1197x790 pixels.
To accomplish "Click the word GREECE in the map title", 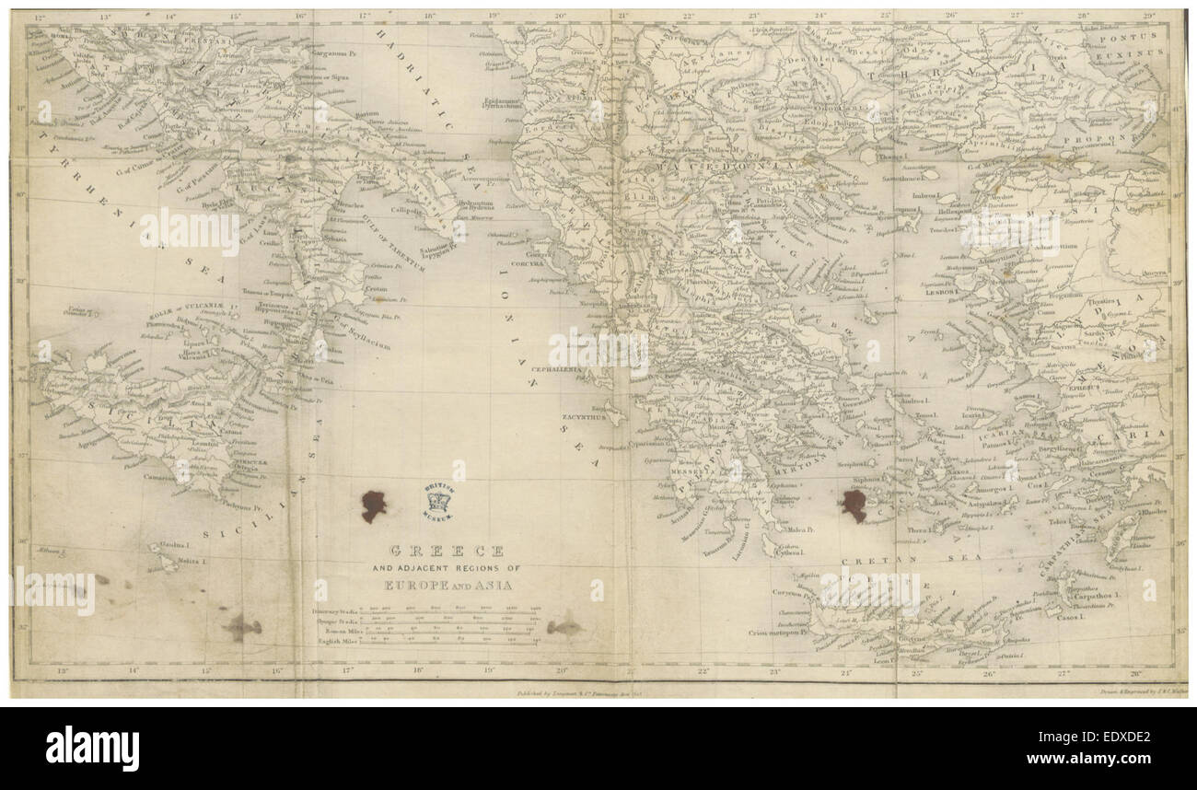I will [x=447, y=551].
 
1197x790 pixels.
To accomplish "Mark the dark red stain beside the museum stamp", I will [x=373, y=505].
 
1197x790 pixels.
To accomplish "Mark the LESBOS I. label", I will [x=942, y=293].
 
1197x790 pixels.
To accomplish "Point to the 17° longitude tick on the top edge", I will [x=366, y=16].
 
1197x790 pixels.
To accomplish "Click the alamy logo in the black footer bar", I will [x=92, y=748].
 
